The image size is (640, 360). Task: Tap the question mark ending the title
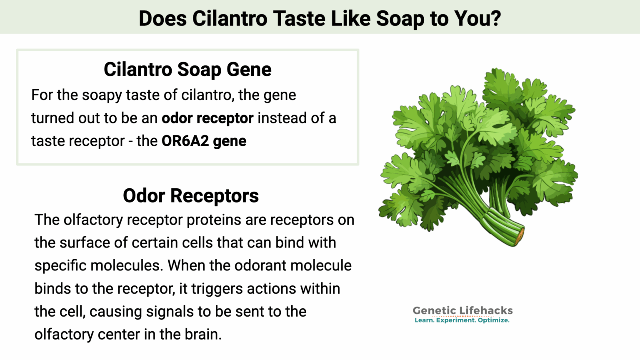click(496, 19)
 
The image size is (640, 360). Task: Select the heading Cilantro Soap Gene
click(187, 70)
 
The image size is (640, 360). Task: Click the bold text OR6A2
click(185, 141)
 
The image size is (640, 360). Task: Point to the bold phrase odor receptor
click(207, 118)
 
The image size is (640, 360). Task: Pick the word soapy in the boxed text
click(102, 95)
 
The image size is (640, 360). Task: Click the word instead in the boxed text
click(280, 118)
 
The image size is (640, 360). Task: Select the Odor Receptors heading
click(191, 196)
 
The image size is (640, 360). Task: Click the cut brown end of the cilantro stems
click(519, 236)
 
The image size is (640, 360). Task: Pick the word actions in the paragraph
click(271, 289)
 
